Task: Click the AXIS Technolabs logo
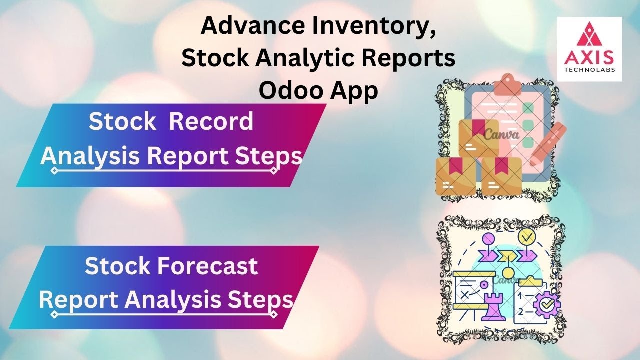click(x=589, y=49)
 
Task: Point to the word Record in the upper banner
click(x=211, y=122)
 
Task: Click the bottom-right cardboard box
click(x=501, y=176)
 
